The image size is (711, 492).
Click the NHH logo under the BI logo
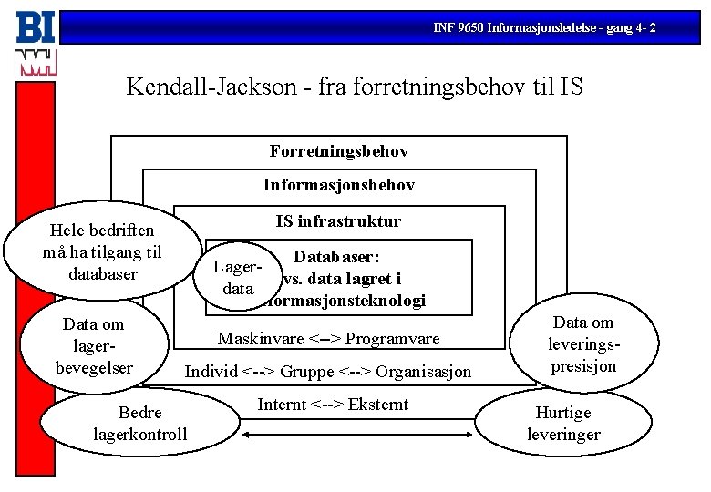(x=36, y=62)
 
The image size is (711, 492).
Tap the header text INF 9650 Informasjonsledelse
(x=544, y=29)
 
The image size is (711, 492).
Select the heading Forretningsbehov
(x=338, y=150)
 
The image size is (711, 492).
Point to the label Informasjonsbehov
(x=338, y=185)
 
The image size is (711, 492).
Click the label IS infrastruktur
(x=338, y=221)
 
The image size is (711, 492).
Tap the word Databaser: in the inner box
(x=335, y=259)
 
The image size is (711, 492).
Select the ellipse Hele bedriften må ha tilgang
(x=103, y=252)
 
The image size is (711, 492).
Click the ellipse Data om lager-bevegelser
(x=93, y=346)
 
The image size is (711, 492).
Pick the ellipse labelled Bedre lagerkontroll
(x=139, y=423)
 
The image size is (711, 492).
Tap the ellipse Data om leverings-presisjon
(x=583, y=344)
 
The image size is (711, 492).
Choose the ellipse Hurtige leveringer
(x=563, y=424)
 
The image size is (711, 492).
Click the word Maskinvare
(x=260, y=339)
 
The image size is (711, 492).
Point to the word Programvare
(x=395, y=339)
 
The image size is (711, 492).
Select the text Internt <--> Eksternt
(x=333, y=405)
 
